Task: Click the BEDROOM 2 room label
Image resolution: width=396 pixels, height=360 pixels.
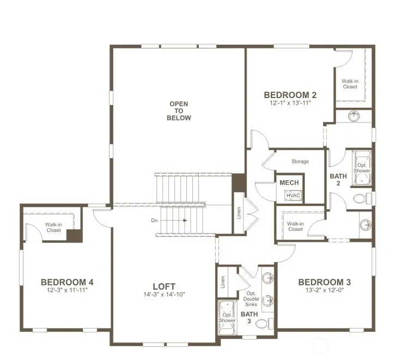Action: click(290, 95)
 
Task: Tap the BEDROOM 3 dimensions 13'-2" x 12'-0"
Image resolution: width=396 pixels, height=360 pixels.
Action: click(325, 290)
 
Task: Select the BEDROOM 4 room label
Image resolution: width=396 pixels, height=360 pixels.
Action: click(67, 282)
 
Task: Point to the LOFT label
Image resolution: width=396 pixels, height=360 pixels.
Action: click(164, 286)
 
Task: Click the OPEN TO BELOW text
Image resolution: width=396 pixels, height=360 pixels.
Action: click(179, 111)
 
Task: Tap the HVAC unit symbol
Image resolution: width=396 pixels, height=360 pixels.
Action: click(293, 196)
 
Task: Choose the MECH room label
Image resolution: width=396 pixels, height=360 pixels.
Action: click(289, 182)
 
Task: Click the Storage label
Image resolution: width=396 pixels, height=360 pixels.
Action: click(300, 161)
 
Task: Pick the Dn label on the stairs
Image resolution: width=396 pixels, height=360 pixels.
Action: click(154, 221)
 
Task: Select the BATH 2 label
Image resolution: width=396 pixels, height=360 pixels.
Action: click(338, 180)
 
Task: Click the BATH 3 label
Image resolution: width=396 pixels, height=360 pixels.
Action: click(249, 318)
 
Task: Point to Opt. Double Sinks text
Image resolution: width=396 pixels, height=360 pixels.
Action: click(251, 299)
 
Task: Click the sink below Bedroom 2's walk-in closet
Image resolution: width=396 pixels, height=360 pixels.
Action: click(354, 117)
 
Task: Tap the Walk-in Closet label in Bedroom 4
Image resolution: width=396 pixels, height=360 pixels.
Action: click(53, 227)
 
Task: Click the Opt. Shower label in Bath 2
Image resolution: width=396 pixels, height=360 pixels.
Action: click(362, 168)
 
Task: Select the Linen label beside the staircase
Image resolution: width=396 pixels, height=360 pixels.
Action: click(239, 213)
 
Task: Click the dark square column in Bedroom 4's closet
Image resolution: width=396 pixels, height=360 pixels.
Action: click(75, 236)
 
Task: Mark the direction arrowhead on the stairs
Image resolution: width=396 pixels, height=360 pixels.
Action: click(185, 221)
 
